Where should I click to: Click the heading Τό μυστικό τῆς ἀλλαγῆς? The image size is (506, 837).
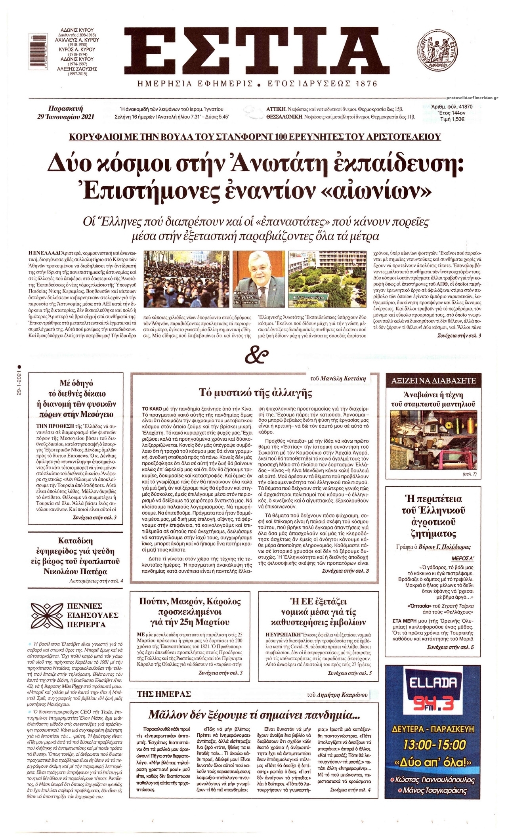(x=255, y=393)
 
